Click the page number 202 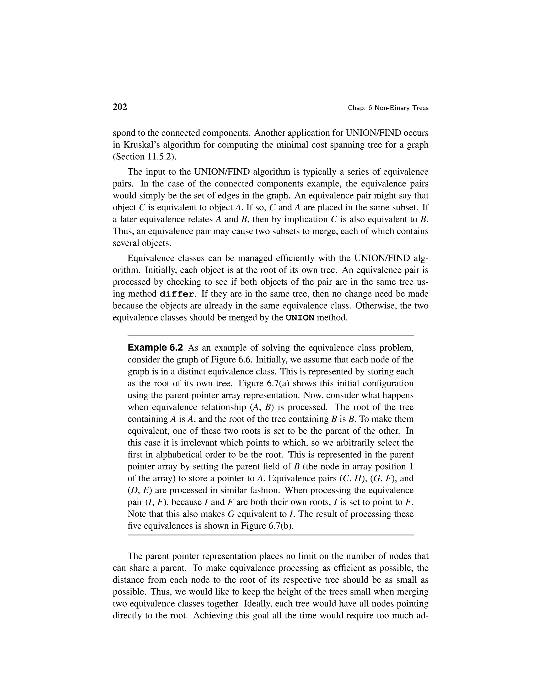tap(120, 107)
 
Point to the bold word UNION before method tap(300, 318)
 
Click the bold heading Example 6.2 tap(155, 348)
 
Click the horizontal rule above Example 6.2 tap(270, 335)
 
